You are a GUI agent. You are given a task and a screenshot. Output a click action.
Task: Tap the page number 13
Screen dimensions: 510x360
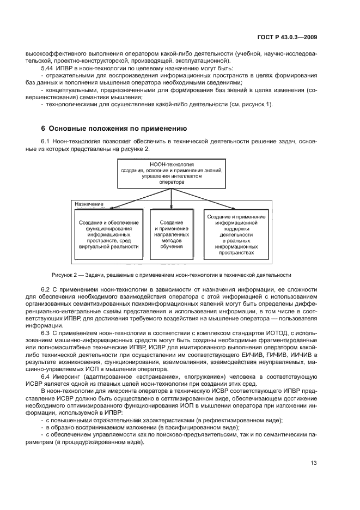coord(314,464)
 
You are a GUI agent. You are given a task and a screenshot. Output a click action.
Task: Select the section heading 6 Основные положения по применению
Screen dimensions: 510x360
coord(114,129)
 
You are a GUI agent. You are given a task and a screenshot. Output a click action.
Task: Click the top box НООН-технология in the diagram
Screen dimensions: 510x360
coord(172,173)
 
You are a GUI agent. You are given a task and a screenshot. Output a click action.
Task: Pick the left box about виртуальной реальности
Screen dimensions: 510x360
coord(108,234)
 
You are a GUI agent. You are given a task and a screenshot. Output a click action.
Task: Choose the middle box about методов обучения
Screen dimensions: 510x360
coord(172,234)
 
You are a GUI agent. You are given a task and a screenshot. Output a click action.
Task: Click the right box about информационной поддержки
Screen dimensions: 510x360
coord(235,234)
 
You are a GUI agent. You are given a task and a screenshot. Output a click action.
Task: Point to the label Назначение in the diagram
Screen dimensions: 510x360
coord(89,204)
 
